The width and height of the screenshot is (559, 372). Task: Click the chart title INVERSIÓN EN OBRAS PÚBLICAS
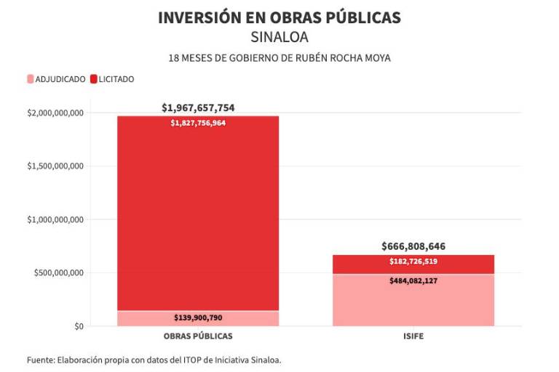pyautogui.click(x=279, y=17)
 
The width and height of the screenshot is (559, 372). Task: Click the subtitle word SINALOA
pyautogui.click(x=279, y=37)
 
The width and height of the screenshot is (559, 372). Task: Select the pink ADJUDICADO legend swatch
pyautogui.click(x=30, y=79)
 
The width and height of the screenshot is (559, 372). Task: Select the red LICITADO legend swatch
pyautogui.click(x=94, y=79)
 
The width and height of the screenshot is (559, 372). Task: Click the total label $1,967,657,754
pyautogui.click(x=198, y=108)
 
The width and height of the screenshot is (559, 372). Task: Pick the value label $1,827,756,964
pyautogui.click(x=198, y=124)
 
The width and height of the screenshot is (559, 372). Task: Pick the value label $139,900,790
pyautogui.click(x=198, y=318)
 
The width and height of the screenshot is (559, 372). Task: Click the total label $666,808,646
pyautogui.click(x=413, y=246)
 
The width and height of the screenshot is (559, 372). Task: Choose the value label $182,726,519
pyautogui.click(x=413, y=262)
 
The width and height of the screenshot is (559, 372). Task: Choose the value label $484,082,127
pyautogui.click(x=413, y=280)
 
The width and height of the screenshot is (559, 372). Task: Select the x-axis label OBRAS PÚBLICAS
pyautogui.click(x=198, y=337)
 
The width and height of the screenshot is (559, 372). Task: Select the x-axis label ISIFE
pyautogui.click(x=413, y=337)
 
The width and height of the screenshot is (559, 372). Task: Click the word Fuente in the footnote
pyautogui.click(x=40, y=360)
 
